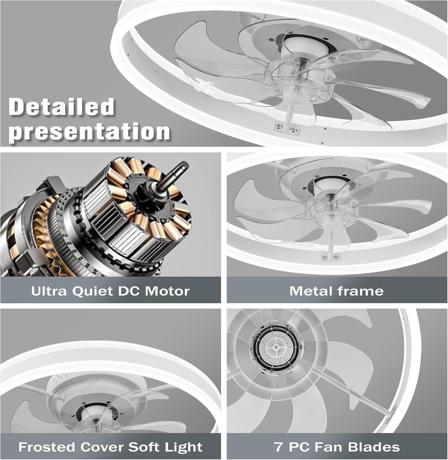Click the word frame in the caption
[x=357, y=291]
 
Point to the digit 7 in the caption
[x=278, y=447]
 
